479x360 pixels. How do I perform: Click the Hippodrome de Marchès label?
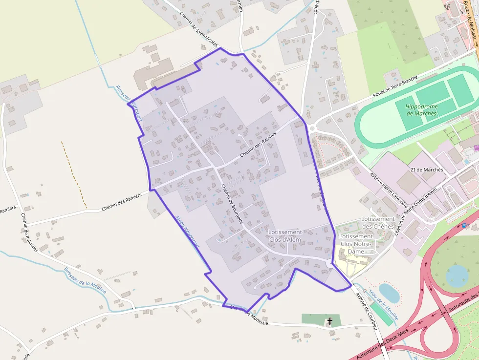422,110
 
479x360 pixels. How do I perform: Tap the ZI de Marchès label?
427,170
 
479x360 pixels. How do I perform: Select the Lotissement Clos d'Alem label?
292,236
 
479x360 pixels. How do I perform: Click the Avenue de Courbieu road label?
366,309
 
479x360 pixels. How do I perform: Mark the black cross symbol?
330,321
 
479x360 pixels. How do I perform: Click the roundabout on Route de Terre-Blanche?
311,128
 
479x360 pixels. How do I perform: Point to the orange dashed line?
74,173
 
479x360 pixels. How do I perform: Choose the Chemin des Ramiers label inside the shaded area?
259,146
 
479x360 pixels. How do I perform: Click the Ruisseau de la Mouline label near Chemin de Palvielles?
85,279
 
